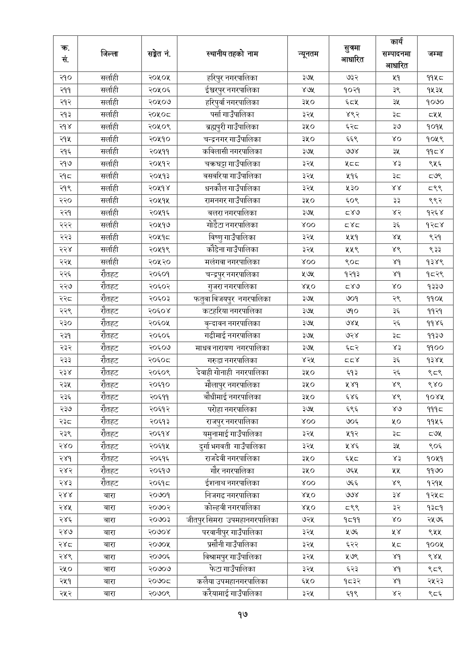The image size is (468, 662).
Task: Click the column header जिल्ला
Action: point(109,54)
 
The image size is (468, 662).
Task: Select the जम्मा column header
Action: point(435,54)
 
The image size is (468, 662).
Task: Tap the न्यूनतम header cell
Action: point(308,54)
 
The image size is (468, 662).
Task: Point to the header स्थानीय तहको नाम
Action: point(232,54)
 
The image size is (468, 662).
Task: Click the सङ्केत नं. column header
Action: point(159,54)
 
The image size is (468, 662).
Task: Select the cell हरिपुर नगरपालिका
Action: point(232,78)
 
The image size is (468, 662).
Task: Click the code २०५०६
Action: point(159,90)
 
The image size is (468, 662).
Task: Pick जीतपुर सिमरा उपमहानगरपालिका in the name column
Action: point(232,520)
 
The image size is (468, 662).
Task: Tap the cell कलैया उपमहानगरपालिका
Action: point(232,581)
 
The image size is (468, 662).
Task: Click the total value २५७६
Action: point(435,520)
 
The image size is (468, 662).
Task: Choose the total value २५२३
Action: point(435,581)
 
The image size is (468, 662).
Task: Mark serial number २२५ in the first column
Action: point(65,262)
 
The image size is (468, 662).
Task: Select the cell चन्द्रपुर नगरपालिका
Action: point(232,274)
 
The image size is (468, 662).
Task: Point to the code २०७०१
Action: point(159,495)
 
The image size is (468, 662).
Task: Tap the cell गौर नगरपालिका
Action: point(232,471)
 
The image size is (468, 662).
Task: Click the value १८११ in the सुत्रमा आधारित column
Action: point(352,520)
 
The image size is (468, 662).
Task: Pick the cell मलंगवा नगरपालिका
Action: point(232,262)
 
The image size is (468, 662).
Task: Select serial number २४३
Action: point(65,483)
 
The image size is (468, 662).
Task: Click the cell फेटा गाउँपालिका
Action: point(232,569)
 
